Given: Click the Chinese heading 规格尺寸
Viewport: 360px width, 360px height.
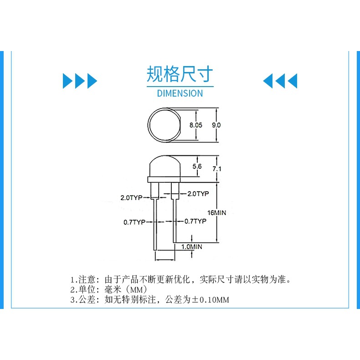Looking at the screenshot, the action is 180,74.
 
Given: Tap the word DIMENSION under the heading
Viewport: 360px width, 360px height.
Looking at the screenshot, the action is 180,93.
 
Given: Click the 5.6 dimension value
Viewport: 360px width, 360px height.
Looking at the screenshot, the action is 197,167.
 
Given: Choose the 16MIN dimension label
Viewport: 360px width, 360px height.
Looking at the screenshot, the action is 216,213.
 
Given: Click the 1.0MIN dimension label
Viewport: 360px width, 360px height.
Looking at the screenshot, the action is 192,246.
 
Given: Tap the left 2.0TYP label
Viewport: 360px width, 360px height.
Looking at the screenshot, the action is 132,198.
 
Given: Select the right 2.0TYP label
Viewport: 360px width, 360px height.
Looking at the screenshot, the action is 198,194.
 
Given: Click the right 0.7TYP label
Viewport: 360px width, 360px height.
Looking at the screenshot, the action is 195,221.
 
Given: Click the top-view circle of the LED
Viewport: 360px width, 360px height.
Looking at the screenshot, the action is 164,124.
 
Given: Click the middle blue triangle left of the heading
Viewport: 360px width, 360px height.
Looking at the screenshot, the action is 80,81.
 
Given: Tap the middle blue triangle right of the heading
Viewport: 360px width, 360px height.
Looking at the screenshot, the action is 280,81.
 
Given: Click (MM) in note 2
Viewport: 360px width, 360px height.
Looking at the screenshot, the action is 137,290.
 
